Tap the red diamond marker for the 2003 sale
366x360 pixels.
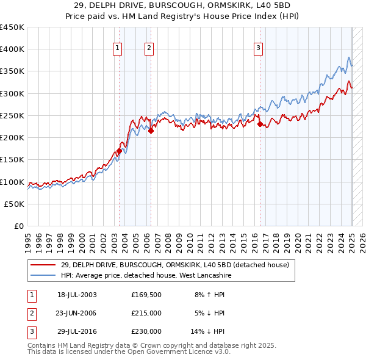[120, 151]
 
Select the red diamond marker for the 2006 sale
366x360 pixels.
[151, 131]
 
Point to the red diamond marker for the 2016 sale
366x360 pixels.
[260, 124]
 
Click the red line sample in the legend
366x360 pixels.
[43, 264]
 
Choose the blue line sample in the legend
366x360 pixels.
[43, 275]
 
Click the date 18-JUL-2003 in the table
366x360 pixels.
[77, 295]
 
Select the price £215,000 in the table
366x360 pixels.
[146, 313]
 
